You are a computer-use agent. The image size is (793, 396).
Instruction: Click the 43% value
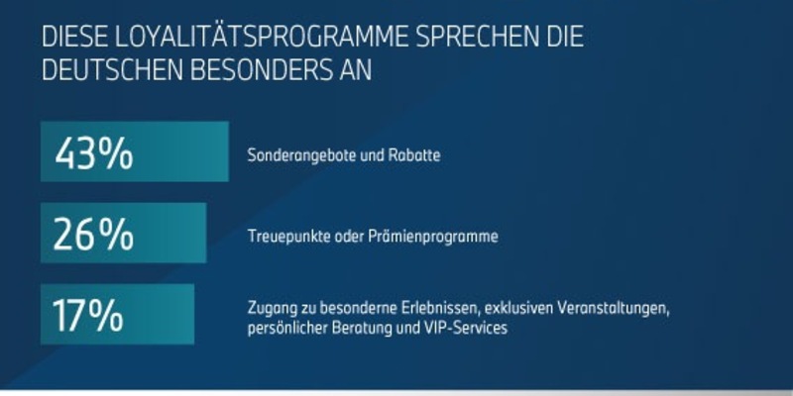[x=94, y=153]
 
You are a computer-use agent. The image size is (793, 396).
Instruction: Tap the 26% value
[x=93, y=236]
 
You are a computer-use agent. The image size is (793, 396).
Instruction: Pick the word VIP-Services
[x=469, y=329]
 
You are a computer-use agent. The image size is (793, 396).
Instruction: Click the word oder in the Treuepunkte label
[x=337, y=237]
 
